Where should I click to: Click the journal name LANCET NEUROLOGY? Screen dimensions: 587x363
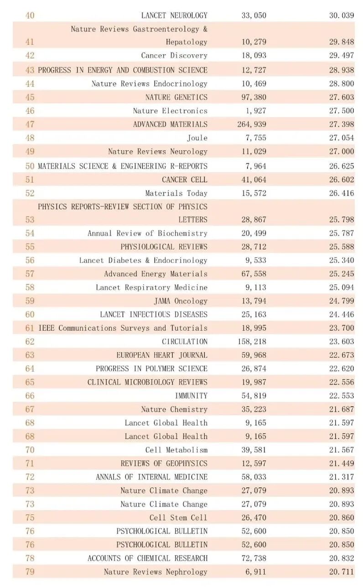coord(174,16)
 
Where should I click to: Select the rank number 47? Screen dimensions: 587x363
coord(30,124)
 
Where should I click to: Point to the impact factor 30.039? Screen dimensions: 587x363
coord(342,16)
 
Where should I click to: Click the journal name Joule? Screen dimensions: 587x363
coord(197,138)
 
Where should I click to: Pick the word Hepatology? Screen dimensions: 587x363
coord(187,42)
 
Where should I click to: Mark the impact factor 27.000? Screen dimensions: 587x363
coord(342,152)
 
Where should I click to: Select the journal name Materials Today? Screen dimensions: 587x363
coord(176,193)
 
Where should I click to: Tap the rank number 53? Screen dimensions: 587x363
coord(30,220)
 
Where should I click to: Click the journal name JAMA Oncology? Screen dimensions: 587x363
coord(181,301)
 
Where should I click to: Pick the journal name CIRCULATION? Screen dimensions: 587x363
coord(184,342)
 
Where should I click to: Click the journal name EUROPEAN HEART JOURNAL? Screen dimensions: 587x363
coord(161,355)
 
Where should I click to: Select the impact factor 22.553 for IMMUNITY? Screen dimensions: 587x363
coord(342,396)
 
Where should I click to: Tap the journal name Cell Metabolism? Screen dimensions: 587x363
coord(176,450)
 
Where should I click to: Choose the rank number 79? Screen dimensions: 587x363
coord(30,572)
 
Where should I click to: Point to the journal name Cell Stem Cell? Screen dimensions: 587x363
coord(178,518)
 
